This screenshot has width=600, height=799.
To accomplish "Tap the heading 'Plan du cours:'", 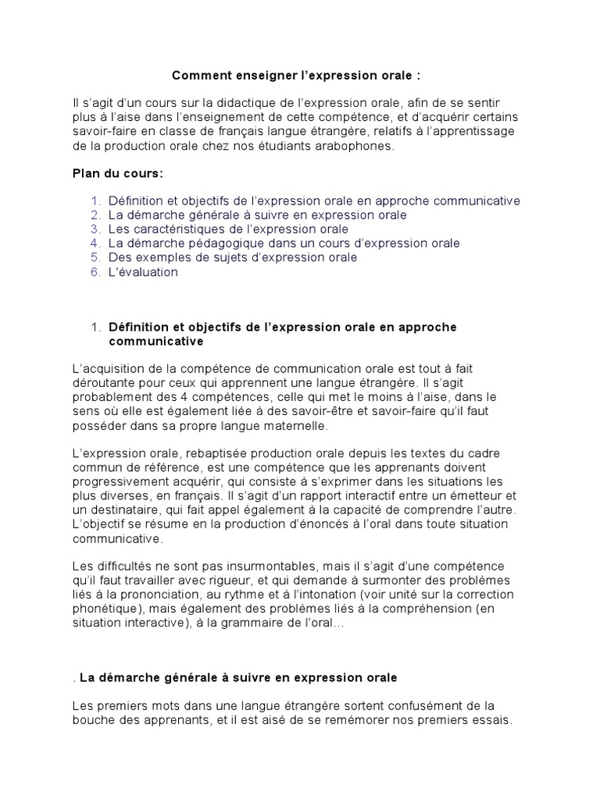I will point(112,173).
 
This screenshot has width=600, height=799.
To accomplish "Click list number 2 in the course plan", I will point(95,215).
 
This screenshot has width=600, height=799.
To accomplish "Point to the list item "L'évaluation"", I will point(143,272).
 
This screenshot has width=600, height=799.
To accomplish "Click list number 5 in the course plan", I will point(95,257).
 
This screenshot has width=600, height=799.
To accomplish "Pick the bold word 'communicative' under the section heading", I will point(155,342).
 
